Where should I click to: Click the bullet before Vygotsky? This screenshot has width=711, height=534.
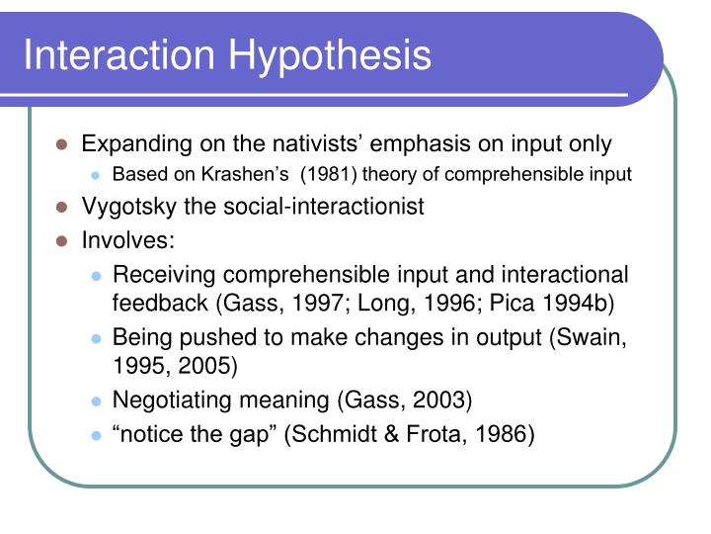click(61, 208)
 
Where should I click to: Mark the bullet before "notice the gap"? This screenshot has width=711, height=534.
click(96, 433)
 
